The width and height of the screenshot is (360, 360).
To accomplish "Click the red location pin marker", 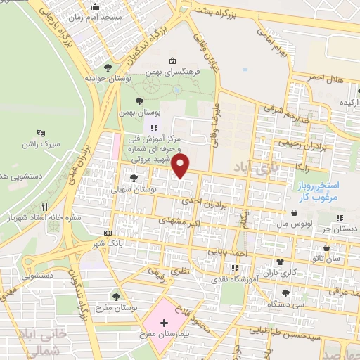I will click(x=181, y=167).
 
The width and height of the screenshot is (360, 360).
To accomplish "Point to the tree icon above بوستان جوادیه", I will click(x=108, y=67).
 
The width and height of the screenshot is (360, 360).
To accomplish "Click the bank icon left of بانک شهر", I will click(x=108, y=233).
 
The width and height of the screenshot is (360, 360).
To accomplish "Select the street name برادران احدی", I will click(x=207, y=200).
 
